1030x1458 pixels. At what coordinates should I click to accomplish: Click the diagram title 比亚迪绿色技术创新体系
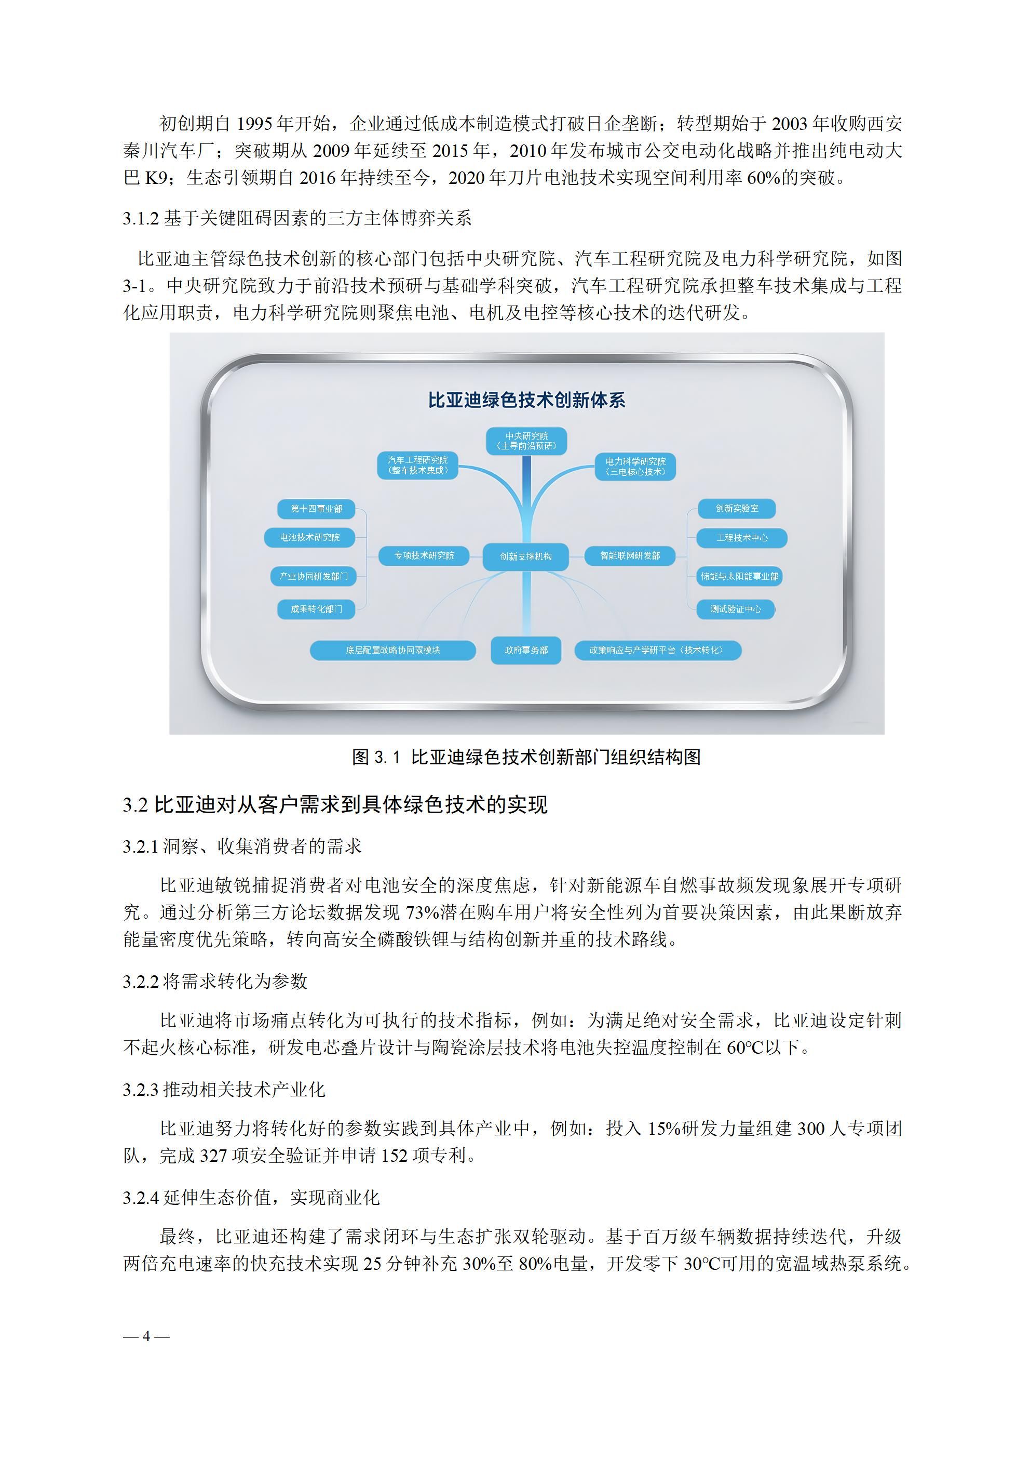click(526, 400)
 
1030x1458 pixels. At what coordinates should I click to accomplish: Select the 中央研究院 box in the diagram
click(526, 441)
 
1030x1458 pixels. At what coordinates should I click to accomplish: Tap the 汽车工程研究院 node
click(417, 465)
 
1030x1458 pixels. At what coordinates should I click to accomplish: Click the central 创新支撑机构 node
click(525, 556)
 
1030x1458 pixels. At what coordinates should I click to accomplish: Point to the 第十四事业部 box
click(316, 509)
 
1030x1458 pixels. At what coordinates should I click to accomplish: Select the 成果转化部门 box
click(316, 609)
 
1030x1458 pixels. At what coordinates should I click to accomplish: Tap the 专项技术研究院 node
click(424, 555)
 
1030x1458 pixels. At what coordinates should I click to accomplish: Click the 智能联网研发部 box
click(630, 555)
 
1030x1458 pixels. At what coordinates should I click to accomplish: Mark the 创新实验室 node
click(736, 508)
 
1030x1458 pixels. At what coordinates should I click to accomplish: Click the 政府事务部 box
click(525, 650)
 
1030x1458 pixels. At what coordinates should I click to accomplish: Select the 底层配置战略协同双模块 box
click(393, 650)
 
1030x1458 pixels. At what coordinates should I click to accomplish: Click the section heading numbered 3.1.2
click(297, 218)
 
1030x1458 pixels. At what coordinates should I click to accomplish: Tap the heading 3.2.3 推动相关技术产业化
click(224, 1090)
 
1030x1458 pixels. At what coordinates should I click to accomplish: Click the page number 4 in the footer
click(146, 1336)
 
